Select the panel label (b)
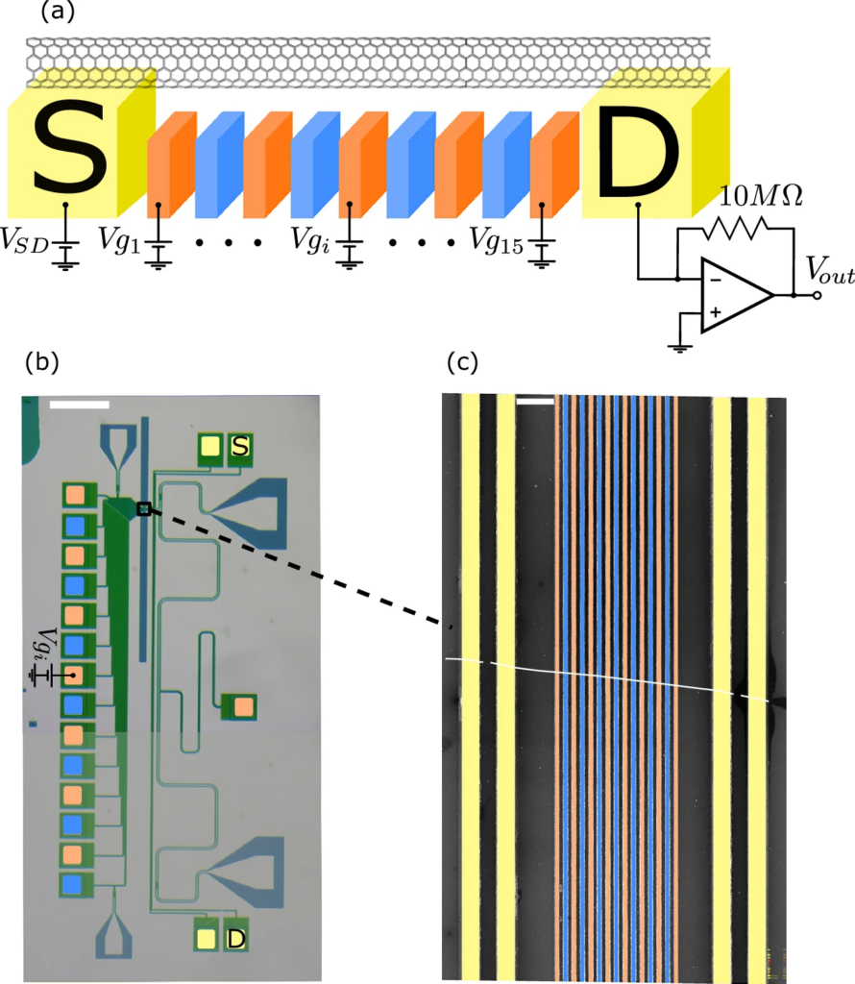[42, 362]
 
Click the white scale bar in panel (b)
[79, 405]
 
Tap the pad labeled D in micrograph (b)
[235, 937]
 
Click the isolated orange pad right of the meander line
[244, 707]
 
